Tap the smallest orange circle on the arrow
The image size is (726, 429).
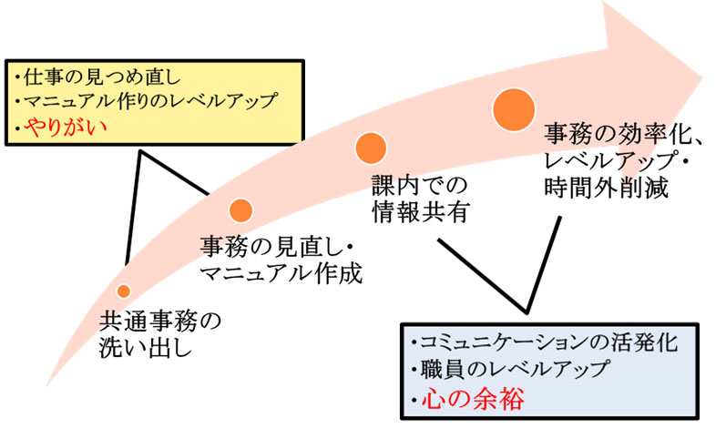pos(124,291)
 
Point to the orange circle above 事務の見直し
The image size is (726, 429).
pos(240,210)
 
